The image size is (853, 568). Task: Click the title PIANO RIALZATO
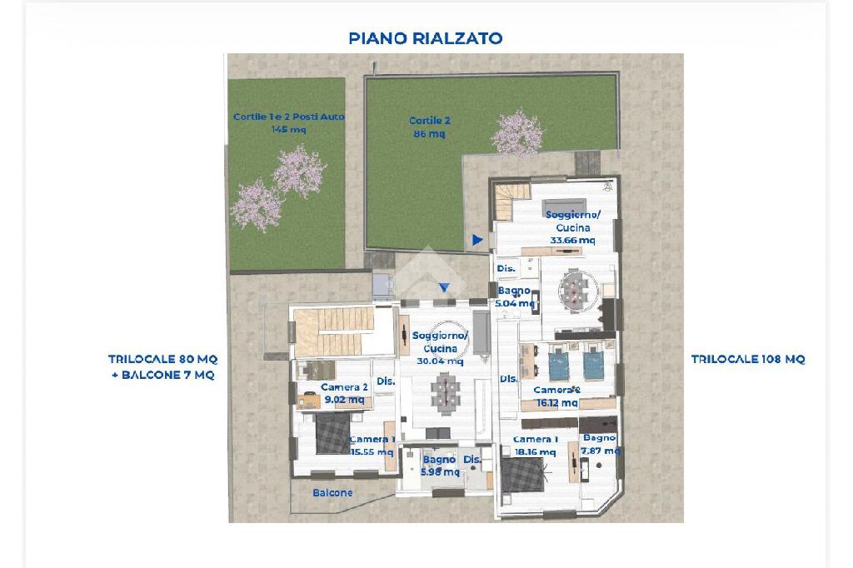point(426,38)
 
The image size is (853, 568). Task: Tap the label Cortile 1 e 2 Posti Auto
point(289,117)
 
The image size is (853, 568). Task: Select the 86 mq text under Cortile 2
point(429,133)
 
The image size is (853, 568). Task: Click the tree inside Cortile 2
point(517,134)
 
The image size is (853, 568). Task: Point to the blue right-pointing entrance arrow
point(477,239)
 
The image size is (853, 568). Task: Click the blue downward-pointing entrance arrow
point(445,287)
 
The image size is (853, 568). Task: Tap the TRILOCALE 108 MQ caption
point(748,359)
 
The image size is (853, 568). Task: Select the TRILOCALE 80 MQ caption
point(162,359)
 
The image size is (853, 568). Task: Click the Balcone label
point(332,492)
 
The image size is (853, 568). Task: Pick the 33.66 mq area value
point(573,240)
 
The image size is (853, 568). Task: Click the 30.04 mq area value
point(440,361)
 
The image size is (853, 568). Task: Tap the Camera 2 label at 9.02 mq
point(344,387)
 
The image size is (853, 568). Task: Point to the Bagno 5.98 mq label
point(440,466)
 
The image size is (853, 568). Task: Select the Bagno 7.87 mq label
point(600,444)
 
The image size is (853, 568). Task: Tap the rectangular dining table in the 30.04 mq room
point(446,391)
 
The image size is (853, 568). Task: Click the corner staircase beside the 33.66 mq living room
point(511,201)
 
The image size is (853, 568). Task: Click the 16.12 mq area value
point(557,402)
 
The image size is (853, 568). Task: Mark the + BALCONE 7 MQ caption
point(162,375)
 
